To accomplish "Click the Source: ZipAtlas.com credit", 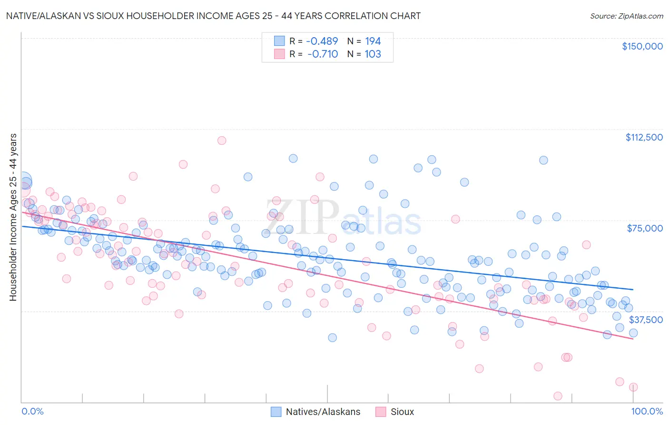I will pyautogui.click(x=626, y=16).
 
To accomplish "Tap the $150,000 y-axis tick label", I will pyautogui.click(x=642, y=46).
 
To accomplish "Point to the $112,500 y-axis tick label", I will pyautogui.click(x=643, y=137).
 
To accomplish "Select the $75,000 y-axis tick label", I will pyautogui.click(x=644, y=228).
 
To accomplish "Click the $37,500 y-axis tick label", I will pyautogui.click(x=645, y=320).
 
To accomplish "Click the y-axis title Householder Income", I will pyautogui.click(x=13, y=217).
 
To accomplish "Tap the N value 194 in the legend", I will pyautogui.click(x=373, y=41).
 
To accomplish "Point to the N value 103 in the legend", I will pyautogui.click(x=373, y=54).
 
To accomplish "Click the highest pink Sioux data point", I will pyautogui.click(x=221, y=141).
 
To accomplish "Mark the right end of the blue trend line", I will pyautogui.click(x=633, y=289).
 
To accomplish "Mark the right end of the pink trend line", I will pyautogui.click(x=633, y=339).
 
